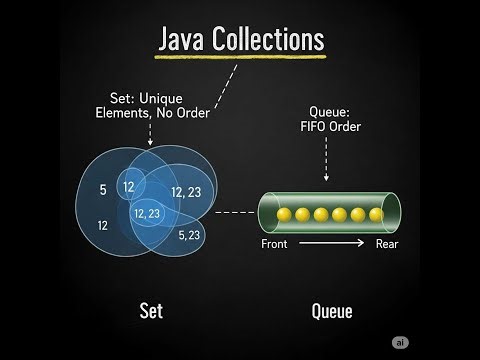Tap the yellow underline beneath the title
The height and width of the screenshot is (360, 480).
pos(241,57)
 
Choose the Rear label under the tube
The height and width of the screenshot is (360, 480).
pos(387,244)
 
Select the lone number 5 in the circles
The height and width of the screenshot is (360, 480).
pos(103,189)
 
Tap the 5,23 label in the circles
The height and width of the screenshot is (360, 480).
pos(190,235)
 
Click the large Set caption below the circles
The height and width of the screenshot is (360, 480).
pos(149,311)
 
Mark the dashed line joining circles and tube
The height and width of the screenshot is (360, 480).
pos(236,212)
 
